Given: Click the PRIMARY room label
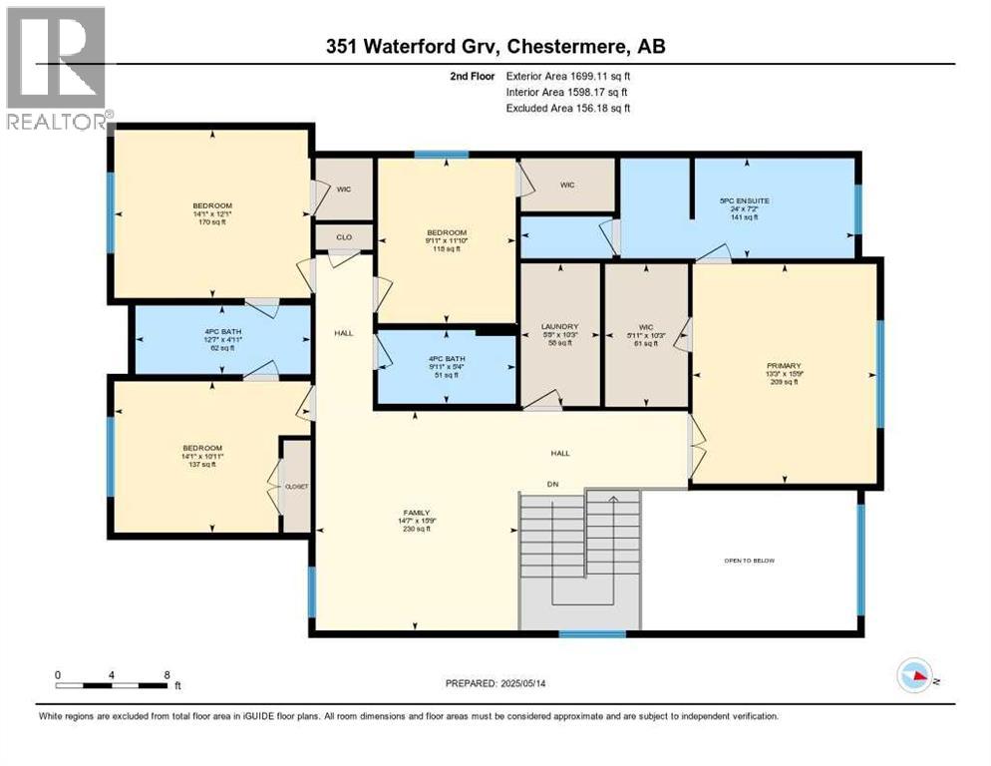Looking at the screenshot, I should (x=784, y=365).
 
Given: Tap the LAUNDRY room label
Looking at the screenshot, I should (x=559, y=326).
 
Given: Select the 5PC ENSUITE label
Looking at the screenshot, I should (x=744, y=200).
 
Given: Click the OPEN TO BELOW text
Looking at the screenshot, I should (x=749, y=561).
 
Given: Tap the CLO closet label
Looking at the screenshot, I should (x=343, y=237).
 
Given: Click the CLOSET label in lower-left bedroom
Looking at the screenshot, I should (x=297, y=487).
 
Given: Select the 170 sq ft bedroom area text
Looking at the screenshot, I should (x=211, y=222).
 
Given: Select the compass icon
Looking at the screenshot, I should (x=916, y=677).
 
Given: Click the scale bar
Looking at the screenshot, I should (x=112, y=685).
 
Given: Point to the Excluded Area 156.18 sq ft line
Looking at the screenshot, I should (x=567, y=108).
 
